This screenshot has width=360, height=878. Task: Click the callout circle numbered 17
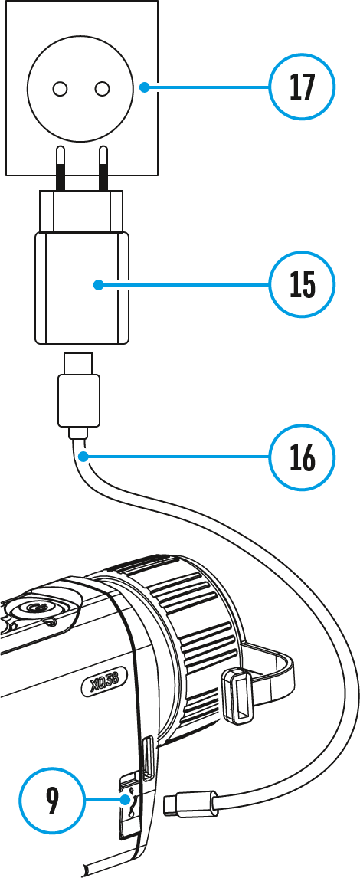click(x=302, y=87)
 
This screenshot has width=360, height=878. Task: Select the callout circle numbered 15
click(x=302, y=284)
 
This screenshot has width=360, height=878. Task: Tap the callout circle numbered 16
click(x=302, y=457)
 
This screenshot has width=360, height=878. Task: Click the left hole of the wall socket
click(x=60, y=88)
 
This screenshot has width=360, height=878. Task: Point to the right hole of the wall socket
click(x=102, y=88)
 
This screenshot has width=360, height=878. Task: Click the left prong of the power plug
click(x=61, y=168)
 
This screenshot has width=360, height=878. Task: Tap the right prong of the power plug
click(x=103, y=168)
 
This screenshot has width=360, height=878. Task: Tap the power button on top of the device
click(x=38, y=608)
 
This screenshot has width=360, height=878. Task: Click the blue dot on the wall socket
click(x=144, y=87)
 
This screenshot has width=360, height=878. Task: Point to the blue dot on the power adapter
click(x=98, y=285)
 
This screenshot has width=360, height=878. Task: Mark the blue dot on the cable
click(x=83, y=458)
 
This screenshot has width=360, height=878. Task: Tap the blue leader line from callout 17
click(x=207, y=87)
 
